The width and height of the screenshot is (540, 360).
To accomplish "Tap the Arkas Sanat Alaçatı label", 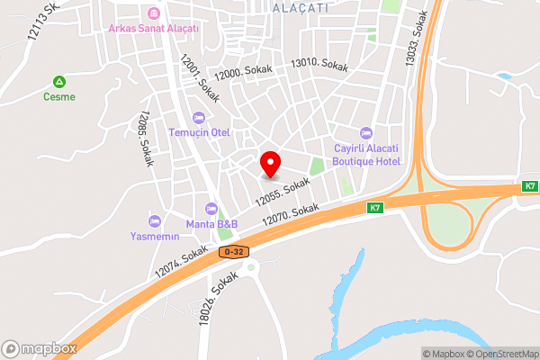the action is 153,28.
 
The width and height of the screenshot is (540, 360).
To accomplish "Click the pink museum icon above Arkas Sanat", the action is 153,13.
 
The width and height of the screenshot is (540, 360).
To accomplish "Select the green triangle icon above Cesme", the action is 60,81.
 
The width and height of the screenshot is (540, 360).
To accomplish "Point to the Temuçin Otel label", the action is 200,132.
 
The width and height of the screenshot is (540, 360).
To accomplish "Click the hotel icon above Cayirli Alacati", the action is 365,133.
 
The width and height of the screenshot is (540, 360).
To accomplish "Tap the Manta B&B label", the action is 211,223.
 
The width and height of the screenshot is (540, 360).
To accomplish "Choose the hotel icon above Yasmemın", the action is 153,220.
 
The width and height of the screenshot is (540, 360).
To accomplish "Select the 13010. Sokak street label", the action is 319,65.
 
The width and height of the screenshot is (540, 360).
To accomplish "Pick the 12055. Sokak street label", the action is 282,189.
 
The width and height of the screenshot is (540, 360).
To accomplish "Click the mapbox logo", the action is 39,348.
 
